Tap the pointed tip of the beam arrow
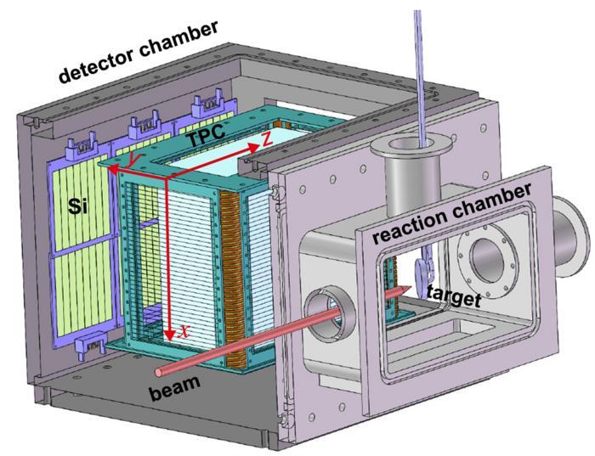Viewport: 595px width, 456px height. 414,290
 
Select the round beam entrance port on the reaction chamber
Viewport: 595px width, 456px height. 323,308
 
